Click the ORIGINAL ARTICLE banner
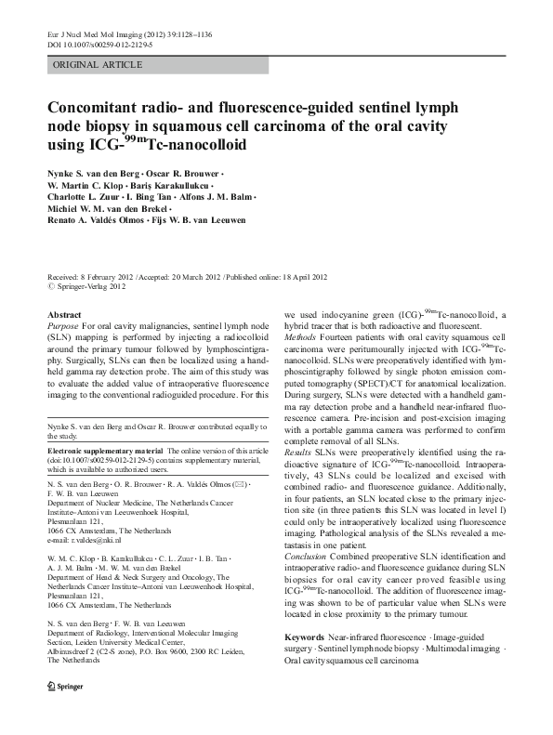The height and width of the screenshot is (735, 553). pos(98,65)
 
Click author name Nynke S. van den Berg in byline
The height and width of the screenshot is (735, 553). pos(92,174)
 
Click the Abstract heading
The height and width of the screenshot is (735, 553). pos(64,316)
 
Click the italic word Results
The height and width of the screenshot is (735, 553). pos(300,451)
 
